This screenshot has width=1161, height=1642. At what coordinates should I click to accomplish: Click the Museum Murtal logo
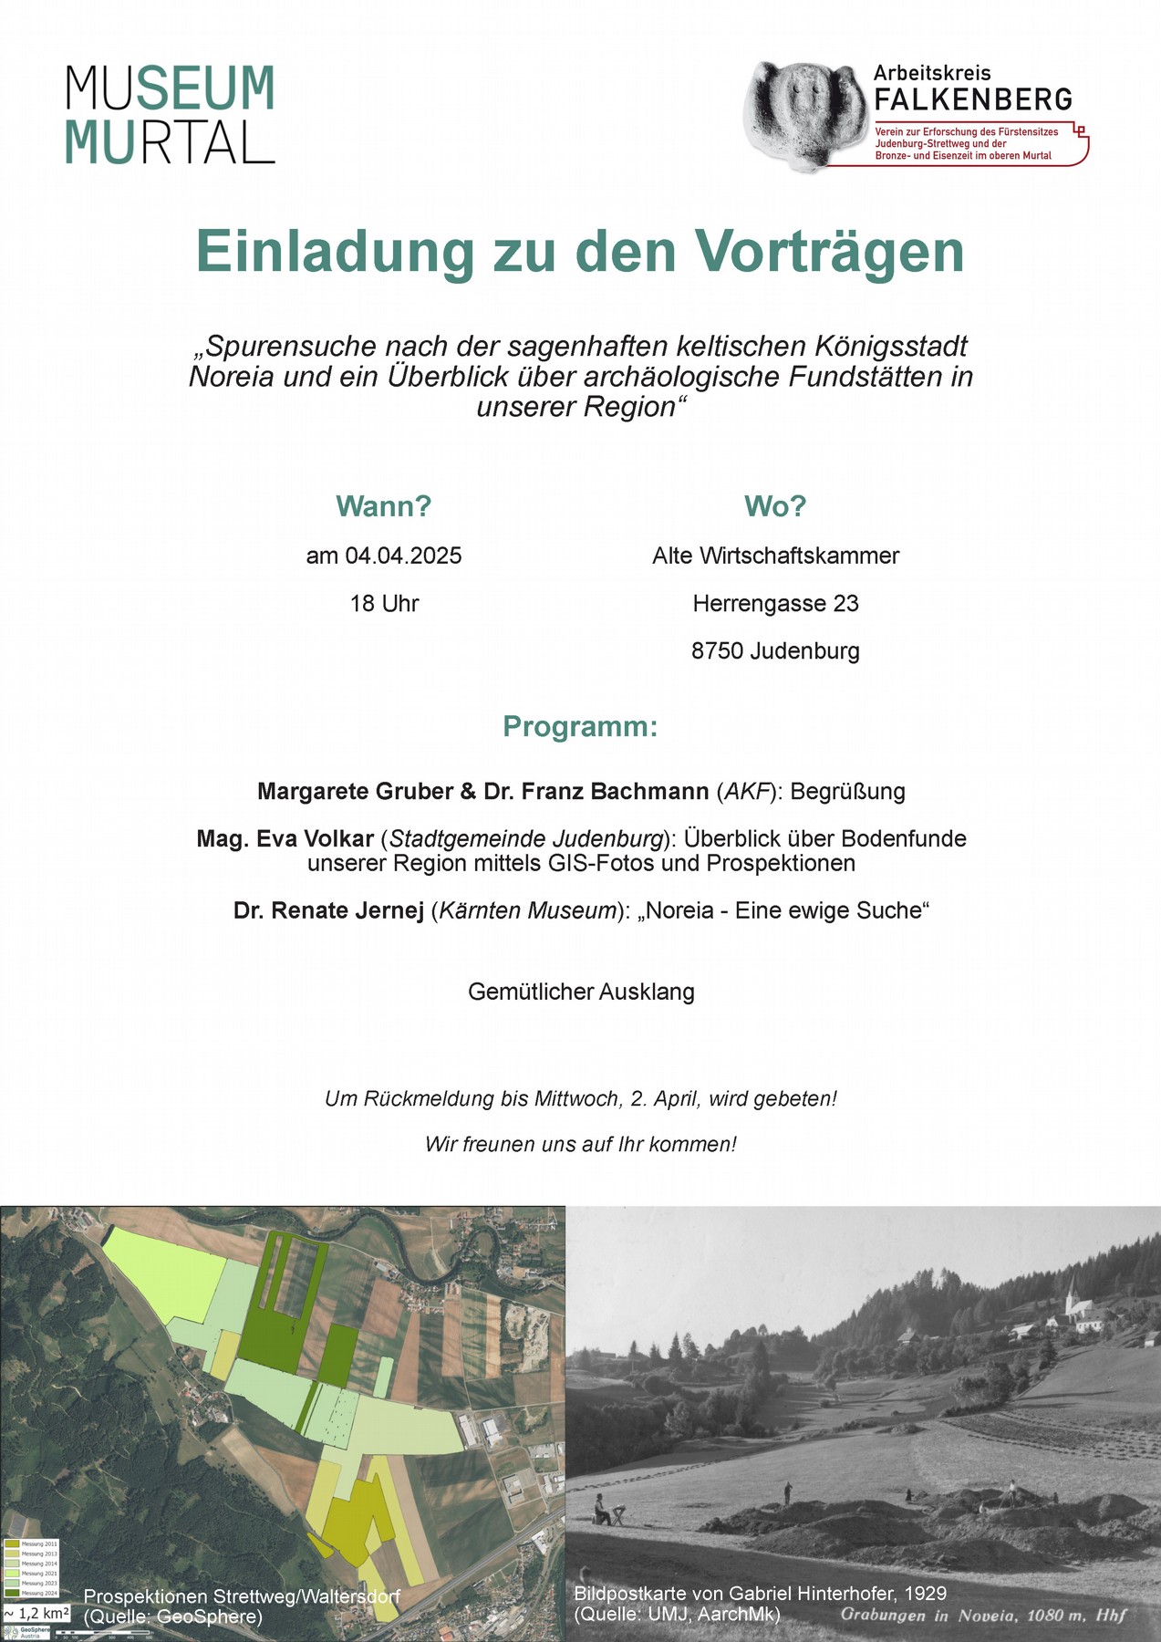171,114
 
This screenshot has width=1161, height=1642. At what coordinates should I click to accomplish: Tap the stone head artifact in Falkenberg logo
803,115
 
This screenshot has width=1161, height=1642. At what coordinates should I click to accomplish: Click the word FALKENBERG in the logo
972,99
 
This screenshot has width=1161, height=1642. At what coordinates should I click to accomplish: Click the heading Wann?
383,505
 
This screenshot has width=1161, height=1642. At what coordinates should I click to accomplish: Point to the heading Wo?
775,505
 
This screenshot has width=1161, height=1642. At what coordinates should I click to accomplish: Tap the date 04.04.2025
403,556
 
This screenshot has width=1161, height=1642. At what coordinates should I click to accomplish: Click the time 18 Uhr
384,603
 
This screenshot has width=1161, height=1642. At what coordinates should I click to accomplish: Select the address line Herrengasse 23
775,603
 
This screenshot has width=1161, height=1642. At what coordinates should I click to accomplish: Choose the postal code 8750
718,651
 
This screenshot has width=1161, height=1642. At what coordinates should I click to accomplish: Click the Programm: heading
580,727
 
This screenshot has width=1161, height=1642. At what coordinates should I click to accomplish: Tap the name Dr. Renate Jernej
328,910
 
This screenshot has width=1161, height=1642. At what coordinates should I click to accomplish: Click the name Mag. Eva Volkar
285,838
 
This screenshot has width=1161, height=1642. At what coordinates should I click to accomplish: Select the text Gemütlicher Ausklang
581,992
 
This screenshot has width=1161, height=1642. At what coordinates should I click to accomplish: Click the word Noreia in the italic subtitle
231,377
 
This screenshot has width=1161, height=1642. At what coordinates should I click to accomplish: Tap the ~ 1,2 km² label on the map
36,1613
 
